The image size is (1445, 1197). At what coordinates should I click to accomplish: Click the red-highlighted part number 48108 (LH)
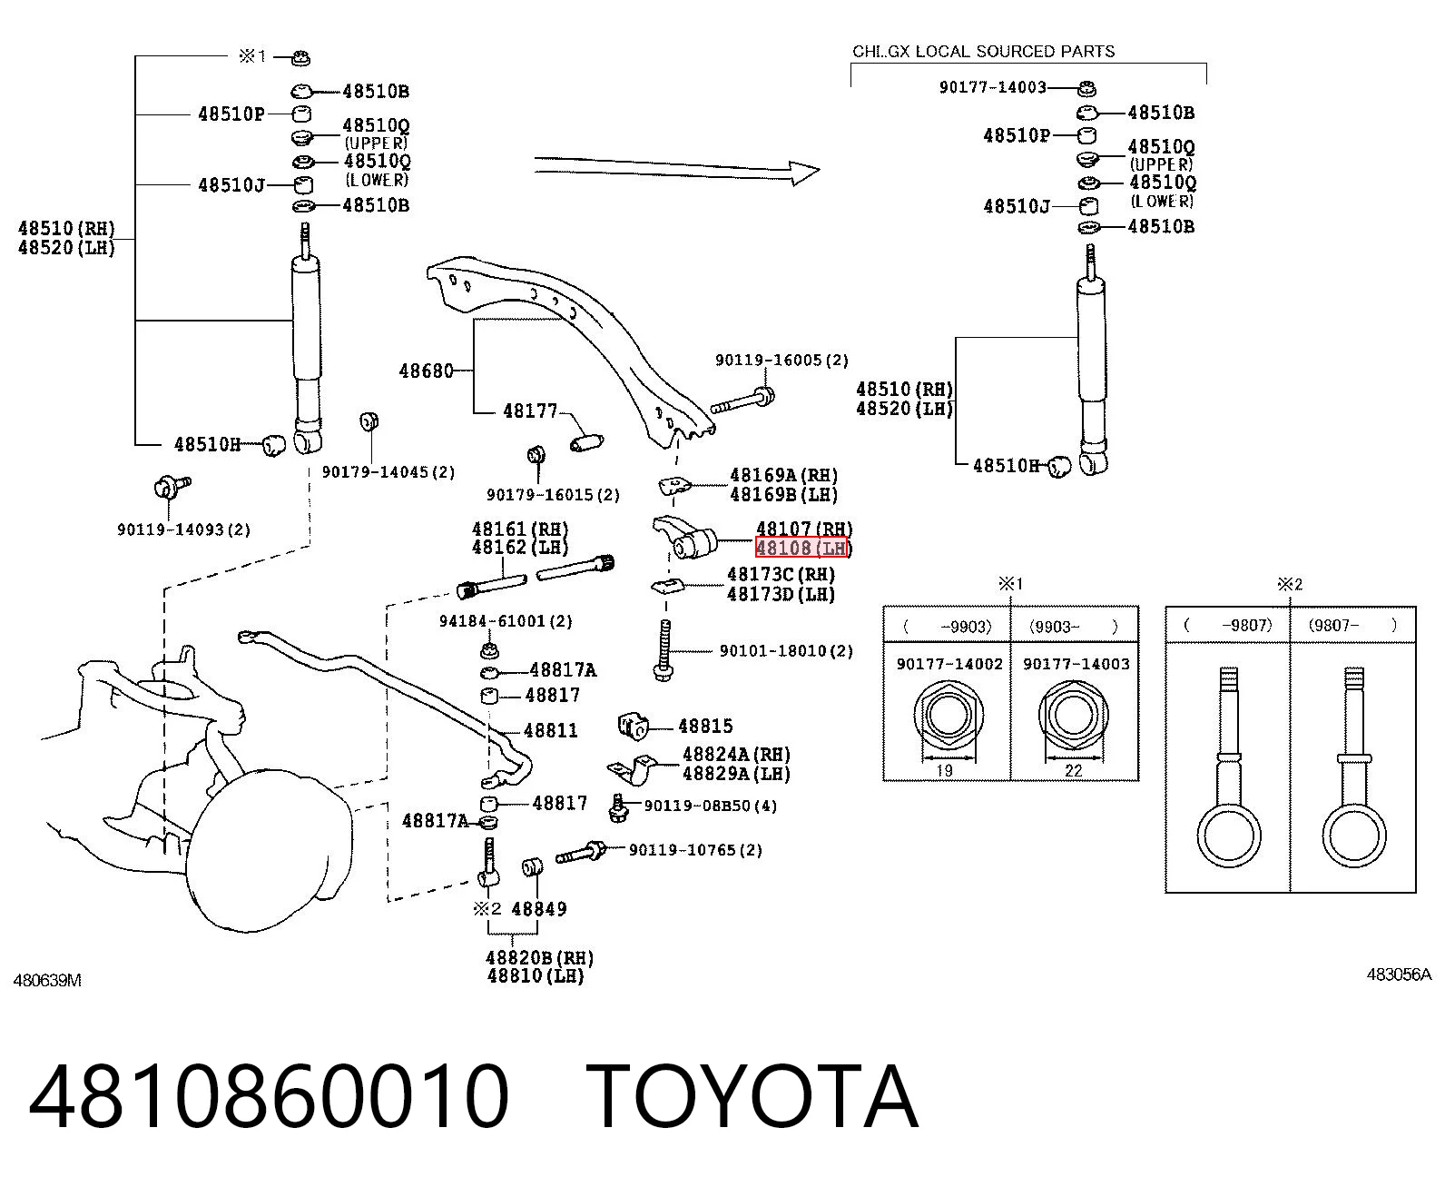pos(801,548)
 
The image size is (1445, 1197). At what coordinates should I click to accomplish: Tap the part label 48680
pos(426,371)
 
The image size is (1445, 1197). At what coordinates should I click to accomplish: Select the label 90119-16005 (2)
pos(781,361)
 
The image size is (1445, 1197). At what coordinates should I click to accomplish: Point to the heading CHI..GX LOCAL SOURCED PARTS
pos(983,51)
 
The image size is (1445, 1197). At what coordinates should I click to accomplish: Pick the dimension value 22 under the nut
pos(1073,770)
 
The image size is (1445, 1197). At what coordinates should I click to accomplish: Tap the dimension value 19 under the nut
pos(944,770)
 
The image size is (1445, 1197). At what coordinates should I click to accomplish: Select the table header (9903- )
pos(1074,627)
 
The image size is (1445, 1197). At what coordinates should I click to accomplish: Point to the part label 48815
pos(705,726)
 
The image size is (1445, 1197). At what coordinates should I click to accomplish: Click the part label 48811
pos(550,730)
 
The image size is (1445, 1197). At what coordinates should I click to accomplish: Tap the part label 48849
pos(539,909)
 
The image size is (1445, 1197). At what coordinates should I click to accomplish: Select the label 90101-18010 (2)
pos(786,651)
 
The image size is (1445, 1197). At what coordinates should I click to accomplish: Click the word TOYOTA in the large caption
pos(752,1096)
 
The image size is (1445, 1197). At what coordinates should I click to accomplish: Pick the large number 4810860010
pos(269,1096)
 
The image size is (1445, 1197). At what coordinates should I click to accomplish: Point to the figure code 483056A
pos(1399,974)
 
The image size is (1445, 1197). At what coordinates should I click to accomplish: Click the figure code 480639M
pos(47,980)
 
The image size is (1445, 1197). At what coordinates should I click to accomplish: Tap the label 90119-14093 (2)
pos(183,529)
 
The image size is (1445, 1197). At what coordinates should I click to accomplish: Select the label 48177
pos(530,411)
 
